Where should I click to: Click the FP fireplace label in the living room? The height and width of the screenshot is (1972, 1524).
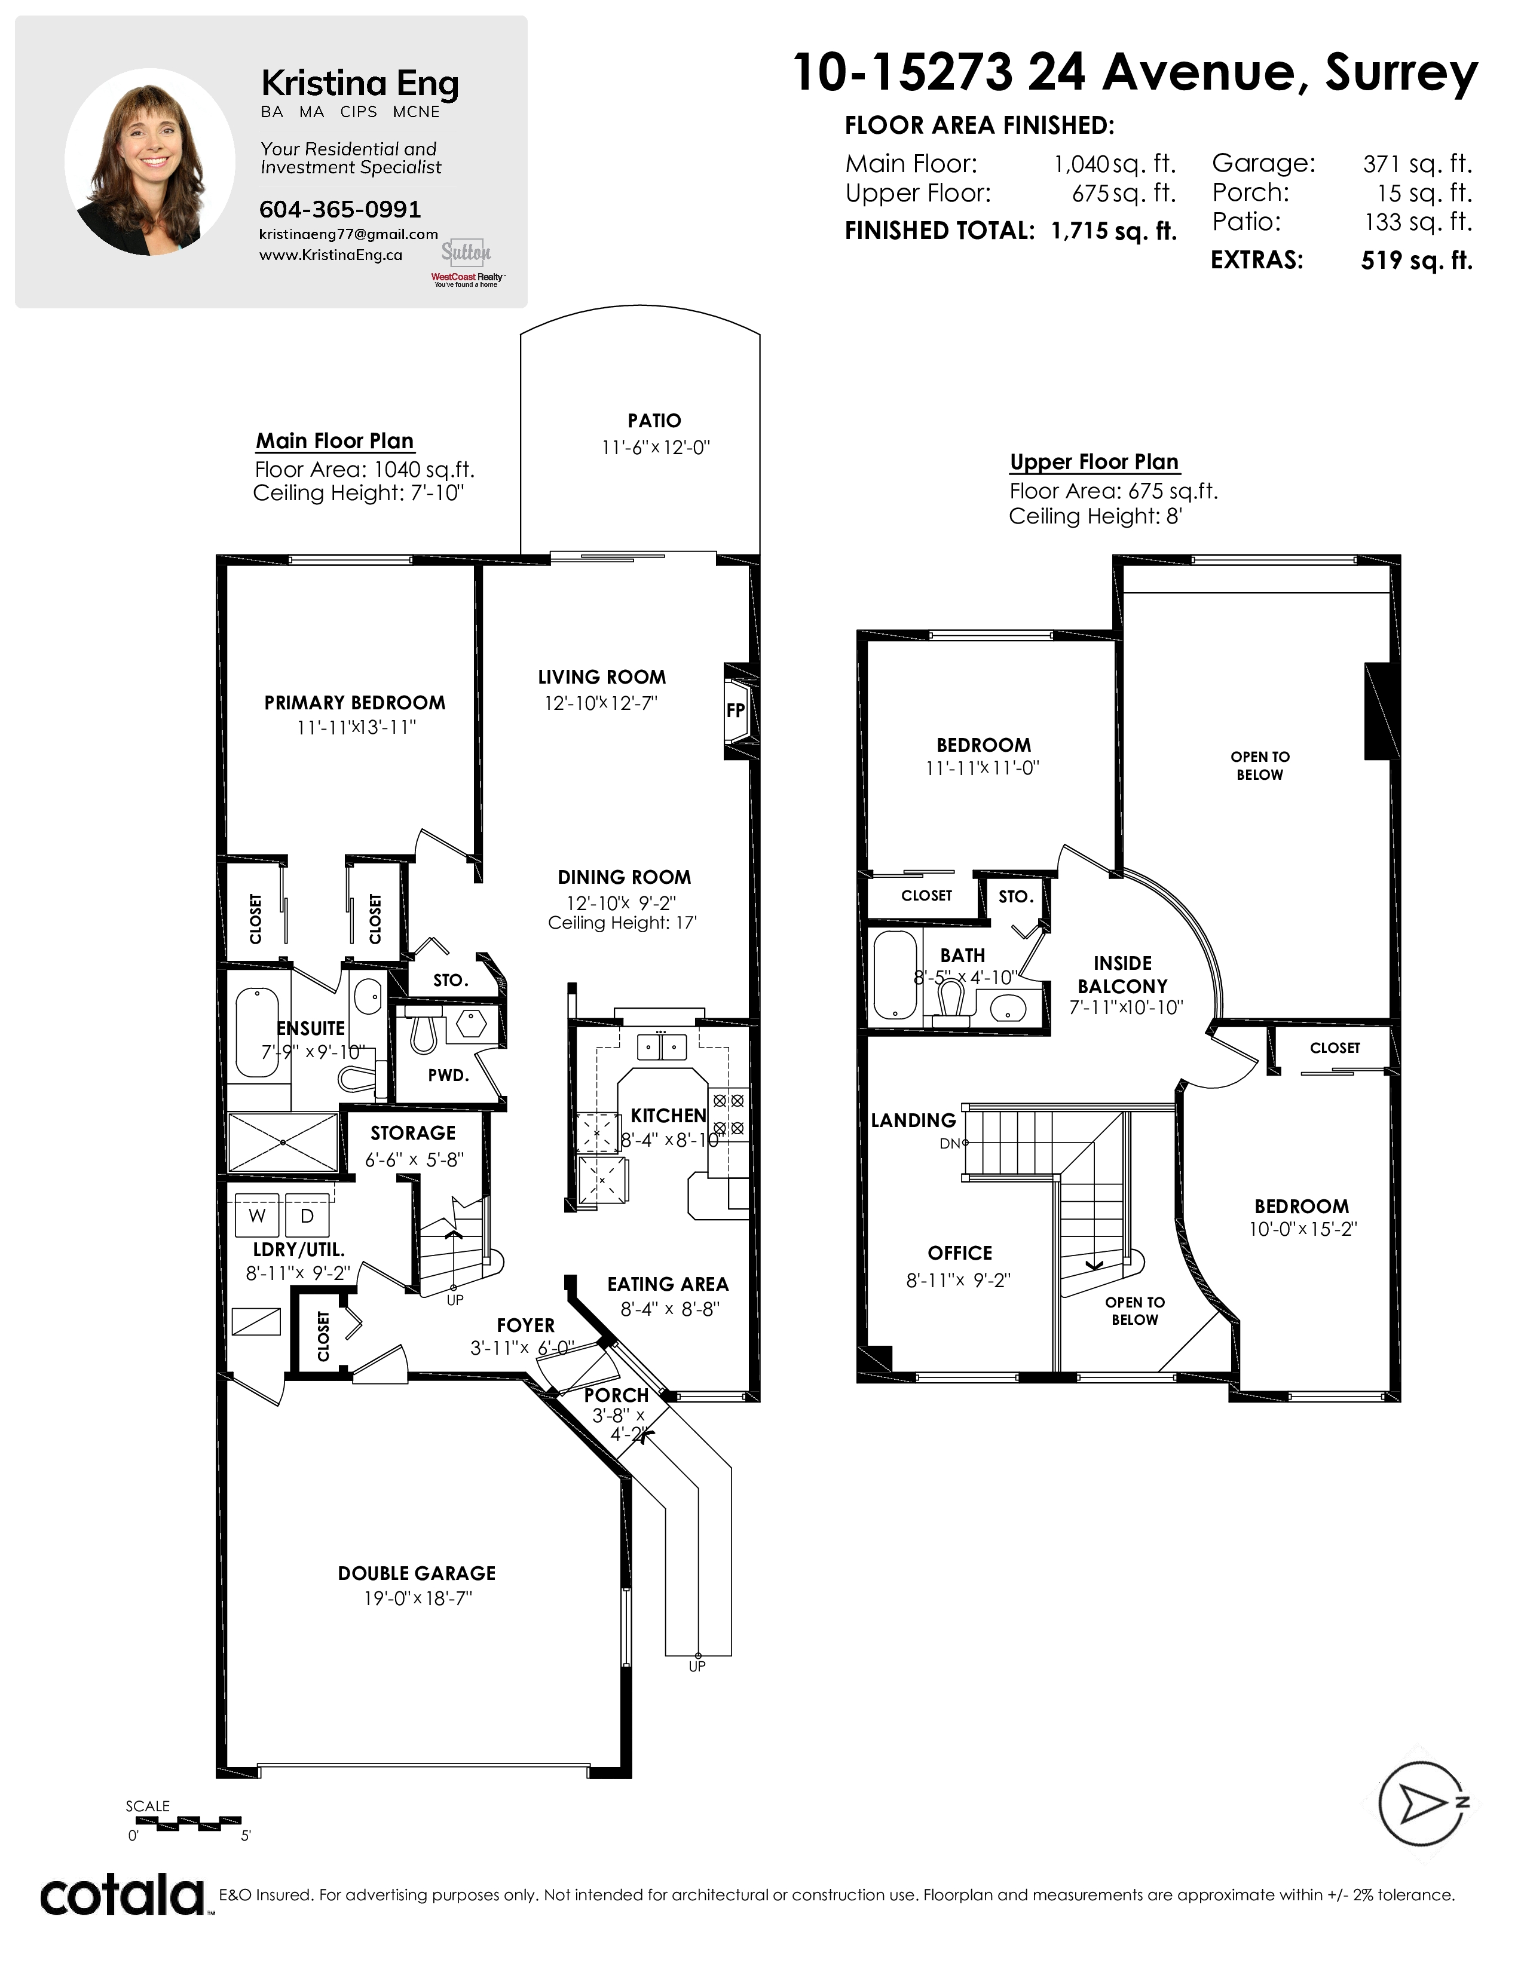pos(736,710)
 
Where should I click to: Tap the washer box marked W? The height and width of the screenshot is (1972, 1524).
pos(258,1215)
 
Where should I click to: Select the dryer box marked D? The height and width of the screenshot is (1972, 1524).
pos(307,1215)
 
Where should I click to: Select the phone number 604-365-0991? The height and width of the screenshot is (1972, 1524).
pos(341,210)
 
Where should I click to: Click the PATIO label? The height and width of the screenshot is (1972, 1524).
pos(654,421)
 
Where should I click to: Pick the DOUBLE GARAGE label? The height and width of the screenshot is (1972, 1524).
pos(417,1573)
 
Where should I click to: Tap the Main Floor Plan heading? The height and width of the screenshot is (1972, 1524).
pos(335,440)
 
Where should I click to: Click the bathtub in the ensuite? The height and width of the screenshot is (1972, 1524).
pos(258,1034)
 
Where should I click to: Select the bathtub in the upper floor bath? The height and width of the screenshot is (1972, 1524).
pos(896,976)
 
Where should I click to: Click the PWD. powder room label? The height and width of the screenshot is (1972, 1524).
pos(449,1076)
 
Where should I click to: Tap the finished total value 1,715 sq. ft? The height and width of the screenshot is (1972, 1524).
pos(1114,231)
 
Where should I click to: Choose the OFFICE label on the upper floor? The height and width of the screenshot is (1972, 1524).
pos(960,1253)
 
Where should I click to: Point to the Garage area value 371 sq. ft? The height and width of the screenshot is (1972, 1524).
pos(1418,164)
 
